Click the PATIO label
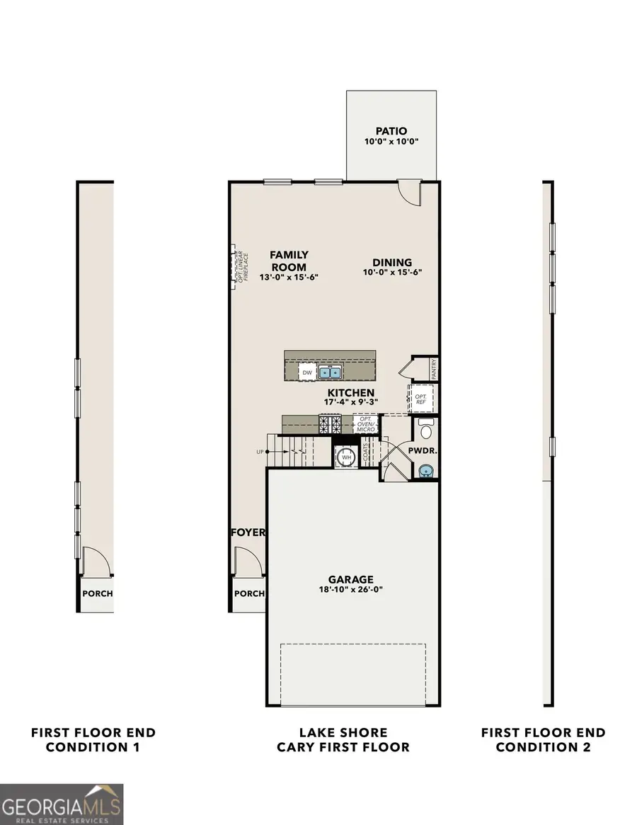(391, 131)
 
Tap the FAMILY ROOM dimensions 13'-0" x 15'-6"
(289, 278)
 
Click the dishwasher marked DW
(306, 372)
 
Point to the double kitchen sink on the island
(330, 372)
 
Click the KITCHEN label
(350, 392)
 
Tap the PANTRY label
(433, 368)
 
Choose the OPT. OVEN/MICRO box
(367, 425)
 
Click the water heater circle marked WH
(346, 457)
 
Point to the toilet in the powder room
(426, 430)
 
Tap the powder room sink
(425, 471)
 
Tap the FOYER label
(247, 533)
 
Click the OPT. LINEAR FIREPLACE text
(241, 268)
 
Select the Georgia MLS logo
(62, 804)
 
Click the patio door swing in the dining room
(409, 191)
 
